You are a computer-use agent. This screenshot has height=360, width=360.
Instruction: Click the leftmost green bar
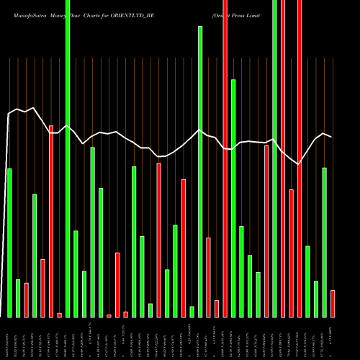tap(9, 243)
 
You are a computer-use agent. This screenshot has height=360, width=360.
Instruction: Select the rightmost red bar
tap(333, 303)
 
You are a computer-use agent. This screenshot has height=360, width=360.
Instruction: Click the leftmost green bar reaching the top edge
tap(68, 158)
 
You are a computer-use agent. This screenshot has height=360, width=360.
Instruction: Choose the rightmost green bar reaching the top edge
tap(274, 158)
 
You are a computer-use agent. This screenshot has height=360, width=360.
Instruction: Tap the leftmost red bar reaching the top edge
tap(225, 158)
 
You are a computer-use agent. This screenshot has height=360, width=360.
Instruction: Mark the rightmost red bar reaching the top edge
tap(300, 158)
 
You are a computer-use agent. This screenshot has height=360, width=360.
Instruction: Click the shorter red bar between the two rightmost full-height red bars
tap(292, 253)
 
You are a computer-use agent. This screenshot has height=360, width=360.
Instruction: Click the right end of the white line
tap(331, 137)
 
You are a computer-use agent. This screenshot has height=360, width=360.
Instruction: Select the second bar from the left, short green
tap(18, 298)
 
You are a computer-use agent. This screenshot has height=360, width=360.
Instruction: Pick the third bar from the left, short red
tap(26, 300)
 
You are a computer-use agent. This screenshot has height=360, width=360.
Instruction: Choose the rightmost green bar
tap(324, 242)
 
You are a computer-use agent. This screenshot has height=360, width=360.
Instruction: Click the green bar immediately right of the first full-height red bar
tap(233, 198)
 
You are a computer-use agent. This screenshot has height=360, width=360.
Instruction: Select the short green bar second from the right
tap(316, 299)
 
